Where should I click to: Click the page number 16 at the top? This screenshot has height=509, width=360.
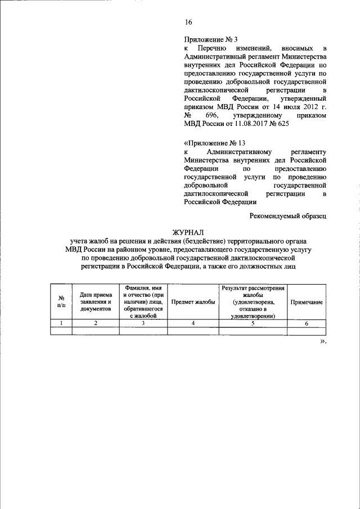coord(188,22)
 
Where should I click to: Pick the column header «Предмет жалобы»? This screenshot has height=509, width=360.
coord(193,302)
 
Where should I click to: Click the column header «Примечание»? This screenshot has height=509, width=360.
coord(306,302)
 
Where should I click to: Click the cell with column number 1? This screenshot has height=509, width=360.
coord(61,323)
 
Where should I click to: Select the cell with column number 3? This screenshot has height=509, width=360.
coord(143,323)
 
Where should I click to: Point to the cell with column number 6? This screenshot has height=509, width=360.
coord(306,323)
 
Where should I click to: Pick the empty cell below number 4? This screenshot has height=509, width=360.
coord(193,331)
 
